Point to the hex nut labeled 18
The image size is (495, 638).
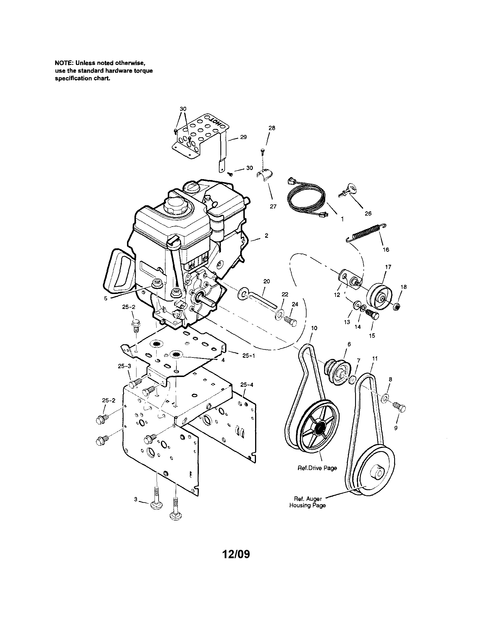396,306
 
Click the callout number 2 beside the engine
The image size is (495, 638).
266,235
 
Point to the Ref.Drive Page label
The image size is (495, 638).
317,468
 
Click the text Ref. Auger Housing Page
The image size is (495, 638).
307,502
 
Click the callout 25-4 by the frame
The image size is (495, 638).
246,385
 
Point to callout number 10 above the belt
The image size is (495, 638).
314,328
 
